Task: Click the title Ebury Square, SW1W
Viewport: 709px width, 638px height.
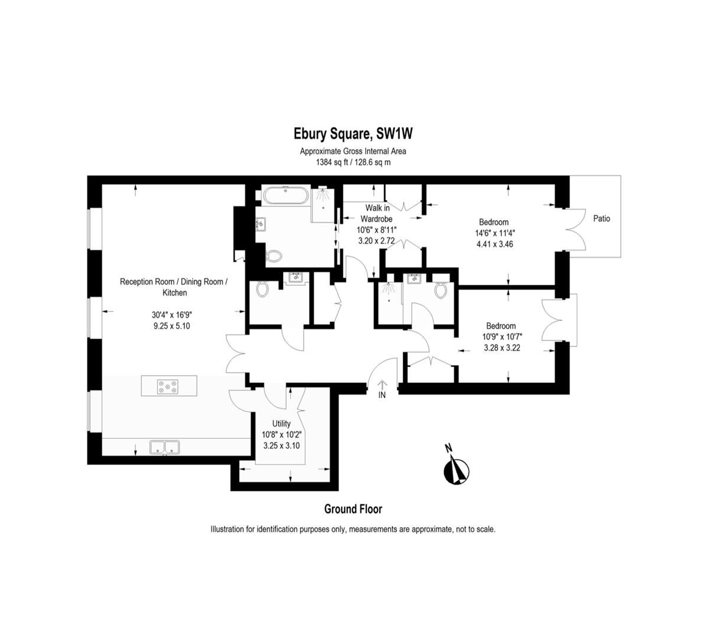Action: pos(353,134)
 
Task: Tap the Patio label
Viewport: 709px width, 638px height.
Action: pos(601,219)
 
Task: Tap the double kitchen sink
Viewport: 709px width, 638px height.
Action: pos(165,447)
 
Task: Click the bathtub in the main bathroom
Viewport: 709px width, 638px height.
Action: pos(285,196)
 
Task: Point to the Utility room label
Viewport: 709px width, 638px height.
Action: pos(281,424)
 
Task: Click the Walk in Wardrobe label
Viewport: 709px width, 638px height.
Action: pos(377,213)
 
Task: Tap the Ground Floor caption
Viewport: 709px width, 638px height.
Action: pos(353,509)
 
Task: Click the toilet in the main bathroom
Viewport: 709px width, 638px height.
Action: pos(274,256)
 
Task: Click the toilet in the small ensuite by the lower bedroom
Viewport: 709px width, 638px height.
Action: pos(440,290)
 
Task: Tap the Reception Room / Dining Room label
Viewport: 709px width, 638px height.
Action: pos(172,282)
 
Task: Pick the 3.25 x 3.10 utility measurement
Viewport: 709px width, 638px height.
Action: pos(281,445)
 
